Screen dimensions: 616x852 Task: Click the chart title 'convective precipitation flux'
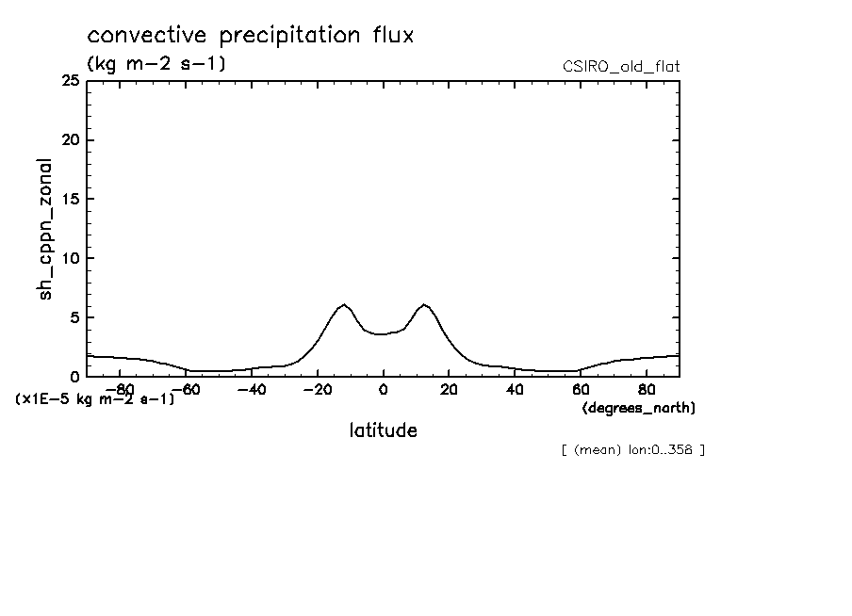tap(251, 36)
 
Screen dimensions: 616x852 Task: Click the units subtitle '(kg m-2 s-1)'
tap(156, 64)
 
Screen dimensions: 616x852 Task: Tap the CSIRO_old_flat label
tap(620, 66)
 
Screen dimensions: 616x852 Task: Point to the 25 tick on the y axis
tap(69, 81)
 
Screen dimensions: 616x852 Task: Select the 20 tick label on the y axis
tap(69, 140)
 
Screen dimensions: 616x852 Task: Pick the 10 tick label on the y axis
tap(70, 258)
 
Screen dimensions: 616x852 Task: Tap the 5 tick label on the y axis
tap(74, 317)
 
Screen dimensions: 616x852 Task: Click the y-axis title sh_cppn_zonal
tap(44, 230)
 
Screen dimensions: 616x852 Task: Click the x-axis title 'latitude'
tap(383, 430)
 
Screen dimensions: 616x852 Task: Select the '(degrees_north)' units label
tap(639, 408)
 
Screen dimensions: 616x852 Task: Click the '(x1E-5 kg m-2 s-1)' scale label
tap(95, 399)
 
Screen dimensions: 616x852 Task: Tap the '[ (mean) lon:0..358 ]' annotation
tap(632, 449)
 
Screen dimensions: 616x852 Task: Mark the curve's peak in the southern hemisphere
tap(344, 304)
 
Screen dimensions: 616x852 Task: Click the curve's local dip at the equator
tap(383, 334)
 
